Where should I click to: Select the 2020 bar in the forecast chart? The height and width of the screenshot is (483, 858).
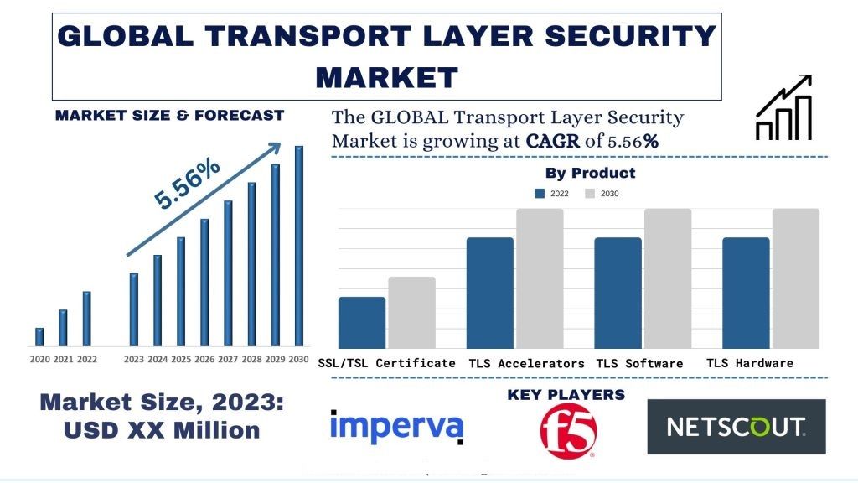[39, 336]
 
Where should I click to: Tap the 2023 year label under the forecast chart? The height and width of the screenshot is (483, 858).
[134, 360]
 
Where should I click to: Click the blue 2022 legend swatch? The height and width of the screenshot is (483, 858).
[540, 194]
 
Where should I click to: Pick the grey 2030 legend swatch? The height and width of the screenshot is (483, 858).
[590, 194]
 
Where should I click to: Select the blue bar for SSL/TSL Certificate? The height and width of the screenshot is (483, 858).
[362, 322]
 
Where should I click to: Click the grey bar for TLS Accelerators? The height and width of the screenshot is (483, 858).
[540, 278]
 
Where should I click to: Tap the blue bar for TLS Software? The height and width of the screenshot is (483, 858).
[618, 292]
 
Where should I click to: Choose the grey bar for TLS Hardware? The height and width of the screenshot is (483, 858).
[795, 278]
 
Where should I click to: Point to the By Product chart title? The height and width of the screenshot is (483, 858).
[590, 174]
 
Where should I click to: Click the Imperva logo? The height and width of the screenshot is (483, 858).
[396, 426]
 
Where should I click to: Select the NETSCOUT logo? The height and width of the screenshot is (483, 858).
[736, 427]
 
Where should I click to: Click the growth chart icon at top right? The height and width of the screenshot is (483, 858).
[783, 107]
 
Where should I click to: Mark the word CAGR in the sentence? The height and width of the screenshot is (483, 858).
[553, 141]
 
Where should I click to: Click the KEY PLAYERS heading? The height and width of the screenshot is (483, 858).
[566, 394]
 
